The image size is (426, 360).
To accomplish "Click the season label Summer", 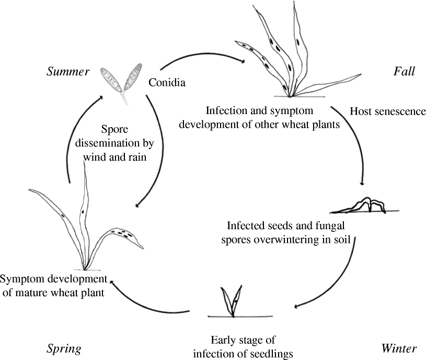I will [x=68, y=72].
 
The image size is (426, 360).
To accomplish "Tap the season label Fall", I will [x=404, y=72].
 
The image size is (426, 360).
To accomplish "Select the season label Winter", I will [x=399, y=348].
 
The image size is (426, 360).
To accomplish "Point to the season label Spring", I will [x=63, y=348].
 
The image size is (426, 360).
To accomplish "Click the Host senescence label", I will [x=388, y=111].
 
